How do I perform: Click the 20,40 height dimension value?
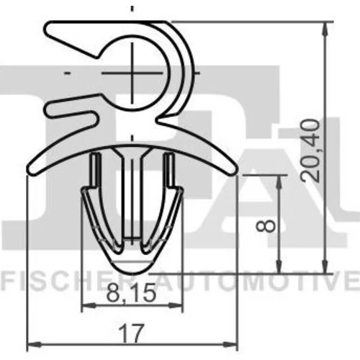click(x=310, y=150)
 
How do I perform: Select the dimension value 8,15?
click(x=131, y=293)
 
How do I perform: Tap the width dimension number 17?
click(x=132, y=333)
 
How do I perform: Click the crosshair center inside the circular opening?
click(x=132, y=73)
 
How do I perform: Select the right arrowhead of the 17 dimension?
click(x=230, y=345)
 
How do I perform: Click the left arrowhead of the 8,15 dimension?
click(x=89, y=305)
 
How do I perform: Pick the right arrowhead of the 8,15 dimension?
click(x=176, y=305)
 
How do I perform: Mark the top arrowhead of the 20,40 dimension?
click(x=325, y=30)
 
